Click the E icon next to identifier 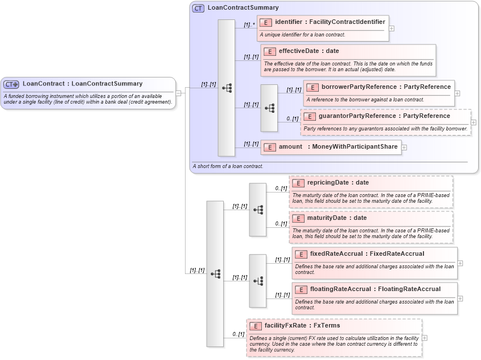coord(266,22)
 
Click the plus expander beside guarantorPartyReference coord(474,122)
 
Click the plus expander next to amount coord(404,148)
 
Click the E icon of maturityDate coord(298,218)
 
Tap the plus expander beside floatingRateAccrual coord(460,298)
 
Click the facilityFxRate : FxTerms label coord(302,326)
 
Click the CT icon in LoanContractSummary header coord(198,8)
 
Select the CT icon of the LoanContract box coord(11,84)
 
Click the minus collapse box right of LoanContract coord(178,93)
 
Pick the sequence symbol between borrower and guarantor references coord(269,108)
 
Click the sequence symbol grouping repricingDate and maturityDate coord(258,210)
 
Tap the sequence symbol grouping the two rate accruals coord(258,281)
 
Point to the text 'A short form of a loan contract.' coord(228,166)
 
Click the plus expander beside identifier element coord(392,28)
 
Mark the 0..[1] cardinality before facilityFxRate coord(238,334)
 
